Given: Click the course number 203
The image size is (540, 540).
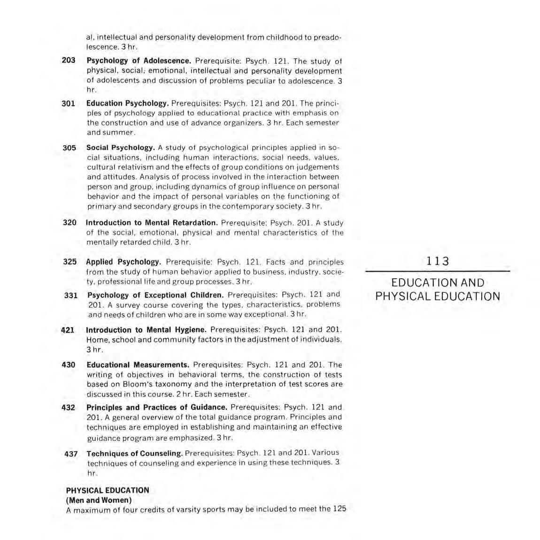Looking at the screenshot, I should (x=69, y=61).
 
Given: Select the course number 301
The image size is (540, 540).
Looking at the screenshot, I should (x=69, y=103).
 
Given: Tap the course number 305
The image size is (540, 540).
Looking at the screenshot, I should (x=69, y=148).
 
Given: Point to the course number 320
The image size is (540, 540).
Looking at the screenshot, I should (x=69, y=222).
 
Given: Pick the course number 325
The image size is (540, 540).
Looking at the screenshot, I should (x=70, y=262).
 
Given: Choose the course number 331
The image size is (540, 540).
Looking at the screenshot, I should (x=71, y=295).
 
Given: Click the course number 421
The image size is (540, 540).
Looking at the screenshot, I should (x=68, y=330).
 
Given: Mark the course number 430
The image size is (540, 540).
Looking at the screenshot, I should (x=69, y=365).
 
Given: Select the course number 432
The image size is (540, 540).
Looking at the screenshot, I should (x=69, y=407).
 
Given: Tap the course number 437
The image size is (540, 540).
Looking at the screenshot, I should (x=71, y=454).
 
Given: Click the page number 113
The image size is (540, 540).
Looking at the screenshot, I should (x=438, y=261).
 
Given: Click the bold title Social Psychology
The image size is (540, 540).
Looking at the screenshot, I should (x=121, y=148).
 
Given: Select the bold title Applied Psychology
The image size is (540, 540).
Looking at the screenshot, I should (x=123, y=262).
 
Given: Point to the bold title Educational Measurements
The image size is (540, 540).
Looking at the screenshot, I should (x=138, y=365).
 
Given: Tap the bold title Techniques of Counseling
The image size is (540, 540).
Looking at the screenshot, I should (x=135, y=453).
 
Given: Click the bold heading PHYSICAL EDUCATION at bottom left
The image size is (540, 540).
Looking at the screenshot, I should (x=108, y=490).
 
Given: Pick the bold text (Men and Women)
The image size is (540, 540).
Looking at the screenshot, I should (x=99, y=500).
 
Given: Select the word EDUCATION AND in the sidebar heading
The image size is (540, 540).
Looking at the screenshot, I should (x=438, y=283).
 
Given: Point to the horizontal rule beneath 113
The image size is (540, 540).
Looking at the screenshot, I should (x=438, y=272).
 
